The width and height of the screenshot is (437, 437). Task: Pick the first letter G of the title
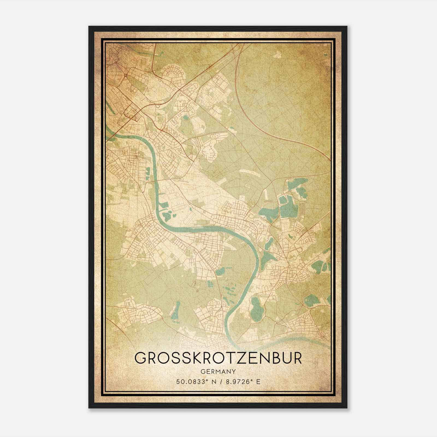(x=140, y=358)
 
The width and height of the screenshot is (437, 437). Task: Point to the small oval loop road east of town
(x=210, y=151)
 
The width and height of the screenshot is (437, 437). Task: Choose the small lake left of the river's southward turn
(x=220, y=271)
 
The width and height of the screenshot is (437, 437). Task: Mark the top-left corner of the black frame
(x=89, y=27)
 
